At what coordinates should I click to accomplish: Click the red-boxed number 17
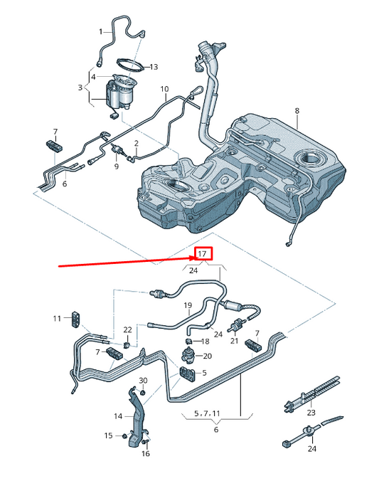(202, 254)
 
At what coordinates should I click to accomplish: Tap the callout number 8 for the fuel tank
(297, 111)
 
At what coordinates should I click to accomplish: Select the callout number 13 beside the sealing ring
(154, 67)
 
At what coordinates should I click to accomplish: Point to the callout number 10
(164, 89)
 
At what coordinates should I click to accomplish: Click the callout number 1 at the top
(101, 31)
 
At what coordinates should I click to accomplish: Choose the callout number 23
(311, 413)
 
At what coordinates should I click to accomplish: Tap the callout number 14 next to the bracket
(118, 416)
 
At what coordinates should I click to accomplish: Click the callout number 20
(208, 356)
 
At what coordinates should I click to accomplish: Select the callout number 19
(188, 305)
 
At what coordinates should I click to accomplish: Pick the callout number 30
(143, 381)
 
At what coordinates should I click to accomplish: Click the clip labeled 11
(76, 319)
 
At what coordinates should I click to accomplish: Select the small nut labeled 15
(124, 435)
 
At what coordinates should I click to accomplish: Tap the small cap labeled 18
(189, 341)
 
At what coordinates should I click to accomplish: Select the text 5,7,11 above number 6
(207, 413)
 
